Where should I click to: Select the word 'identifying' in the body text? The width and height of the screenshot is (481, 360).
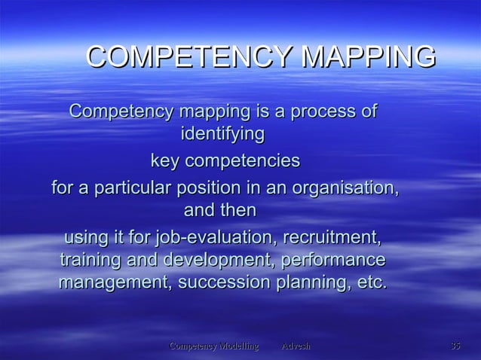223,136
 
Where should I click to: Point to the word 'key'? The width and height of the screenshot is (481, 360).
165,161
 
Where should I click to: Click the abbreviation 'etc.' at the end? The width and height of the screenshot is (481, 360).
369,284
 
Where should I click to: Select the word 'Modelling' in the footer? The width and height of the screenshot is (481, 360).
234,346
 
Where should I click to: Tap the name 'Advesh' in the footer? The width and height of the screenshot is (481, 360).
296,346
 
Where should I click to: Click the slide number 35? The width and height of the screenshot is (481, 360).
455,346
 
